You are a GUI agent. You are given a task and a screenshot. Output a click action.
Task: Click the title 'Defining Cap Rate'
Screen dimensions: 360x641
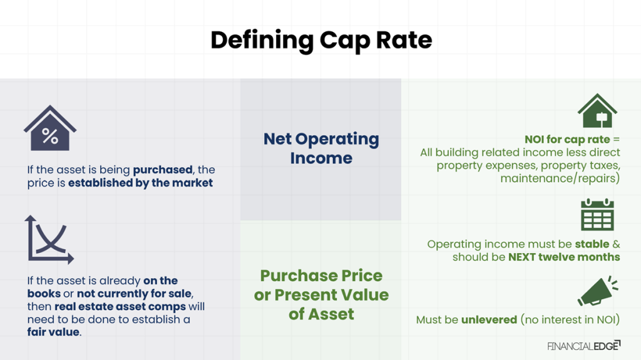click(320, 40)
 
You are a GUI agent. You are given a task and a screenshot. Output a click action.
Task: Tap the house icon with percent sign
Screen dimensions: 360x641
click(50, 129)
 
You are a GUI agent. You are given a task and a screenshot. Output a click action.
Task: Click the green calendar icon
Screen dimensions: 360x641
click(597, 215)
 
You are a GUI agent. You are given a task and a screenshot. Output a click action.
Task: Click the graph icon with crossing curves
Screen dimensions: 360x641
click(49, 239)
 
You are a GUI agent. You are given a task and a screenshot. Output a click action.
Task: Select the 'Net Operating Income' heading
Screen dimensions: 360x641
click(320, 148)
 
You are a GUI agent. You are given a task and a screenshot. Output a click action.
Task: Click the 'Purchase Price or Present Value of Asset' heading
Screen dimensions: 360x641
click(320, 295)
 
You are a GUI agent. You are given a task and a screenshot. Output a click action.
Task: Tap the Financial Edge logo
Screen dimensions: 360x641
click(583, 345)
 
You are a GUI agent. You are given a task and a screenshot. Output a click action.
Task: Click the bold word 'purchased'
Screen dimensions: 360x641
click(163, 170)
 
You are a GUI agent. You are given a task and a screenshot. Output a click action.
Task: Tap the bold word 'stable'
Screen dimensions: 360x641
click(592, 244)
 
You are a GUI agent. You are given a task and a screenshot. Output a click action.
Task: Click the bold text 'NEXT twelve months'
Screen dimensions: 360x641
click(563, 257)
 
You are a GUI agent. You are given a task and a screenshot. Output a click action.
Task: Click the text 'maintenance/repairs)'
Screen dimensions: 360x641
click(560, 178)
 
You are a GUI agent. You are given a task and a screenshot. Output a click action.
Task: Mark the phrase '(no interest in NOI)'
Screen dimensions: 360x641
click(570, 320)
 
